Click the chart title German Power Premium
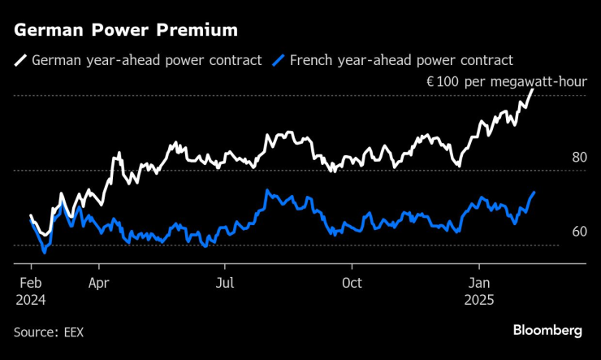click(126, 31)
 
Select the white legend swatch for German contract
click(19, 60)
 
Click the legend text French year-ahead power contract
click(402, 60)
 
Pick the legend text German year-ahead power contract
click(146, 60)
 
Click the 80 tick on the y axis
click(579, 158)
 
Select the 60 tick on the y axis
click(579, 232)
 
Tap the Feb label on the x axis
click(31, 283)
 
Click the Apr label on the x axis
click(99, 283)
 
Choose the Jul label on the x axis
click(225, 283)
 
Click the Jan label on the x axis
click(478, 283)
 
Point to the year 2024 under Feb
click(31, 299)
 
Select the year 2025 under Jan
click(478, 299)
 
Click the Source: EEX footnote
click(49, 332)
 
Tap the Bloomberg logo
click(547, 330)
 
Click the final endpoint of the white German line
click(534, 89)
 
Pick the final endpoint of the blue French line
click(534, 193)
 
